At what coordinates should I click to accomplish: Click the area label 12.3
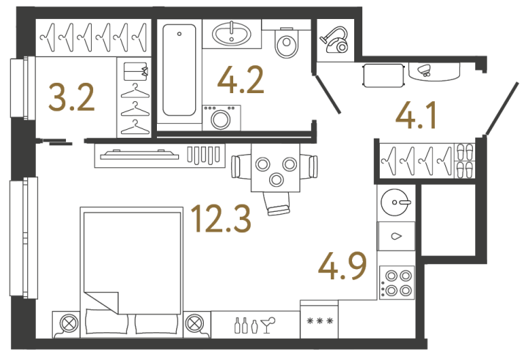click(221, 219)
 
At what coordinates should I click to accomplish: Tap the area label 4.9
click(342, 266)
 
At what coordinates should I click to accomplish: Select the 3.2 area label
click(71, 98)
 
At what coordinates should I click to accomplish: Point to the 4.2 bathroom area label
click(241, 80)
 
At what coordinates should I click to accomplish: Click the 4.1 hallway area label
click(416, 116)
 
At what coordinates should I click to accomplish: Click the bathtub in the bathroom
click(179, 70)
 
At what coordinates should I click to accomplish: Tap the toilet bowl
click(287, 43)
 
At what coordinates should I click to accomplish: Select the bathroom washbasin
click(232, 34)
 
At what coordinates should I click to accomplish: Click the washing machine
click(221, 117)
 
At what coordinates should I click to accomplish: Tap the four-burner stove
click(397, 282)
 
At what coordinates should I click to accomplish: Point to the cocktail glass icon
click(268, 325)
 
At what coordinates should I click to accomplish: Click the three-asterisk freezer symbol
click(320, 321)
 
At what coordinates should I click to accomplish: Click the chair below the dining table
click(277, 204)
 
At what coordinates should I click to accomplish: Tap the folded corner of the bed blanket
click(101, 302)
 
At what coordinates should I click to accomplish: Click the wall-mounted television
click(139, 155)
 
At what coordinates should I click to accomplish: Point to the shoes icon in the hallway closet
click(465, 161)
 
